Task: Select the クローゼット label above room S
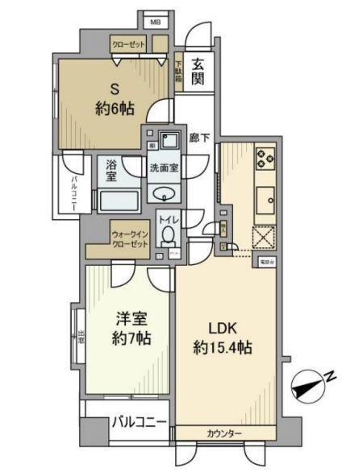tap(128, 45)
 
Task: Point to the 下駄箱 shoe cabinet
tap(178, 72)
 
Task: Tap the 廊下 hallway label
tap(199, 139)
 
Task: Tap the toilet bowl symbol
tap(168, 235)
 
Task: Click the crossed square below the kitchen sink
tap(265, 238)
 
